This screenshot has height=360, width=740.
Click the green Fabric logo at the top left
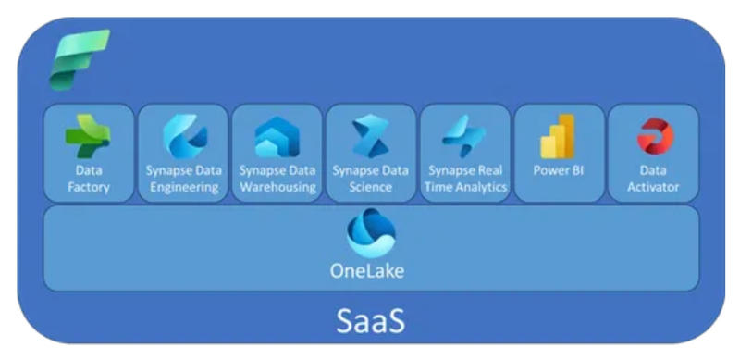79,59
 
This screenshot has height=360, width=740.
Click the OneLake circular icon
370,232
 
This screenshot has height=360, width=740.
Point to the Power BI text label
559,171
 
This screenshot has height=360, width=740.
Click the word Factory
89,187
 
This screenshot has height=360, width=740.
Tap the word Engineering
183,187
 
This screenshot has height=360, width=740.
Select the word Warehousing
277,187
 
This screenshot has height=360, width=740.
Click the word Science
370,187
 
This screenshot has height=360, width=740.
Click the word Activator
653,187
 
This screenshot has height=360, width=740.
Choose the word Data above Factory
89,171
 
